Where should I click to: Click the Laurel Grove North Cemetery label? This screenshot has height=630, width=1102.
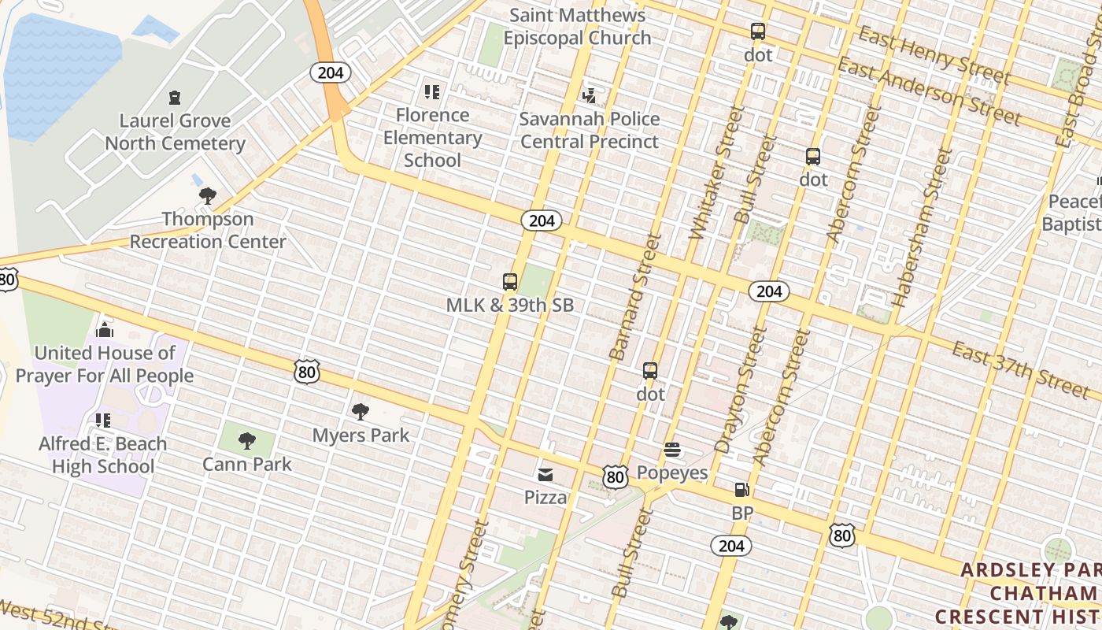click(175, 132)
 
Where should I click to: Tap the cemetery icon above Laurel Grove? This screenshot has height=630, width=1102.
click(175, 98)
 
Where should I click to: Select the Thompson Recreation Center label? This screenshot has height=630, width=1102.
click(208, 230)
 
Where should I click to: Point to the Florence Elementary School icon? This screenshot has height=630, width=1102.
click(431, 92)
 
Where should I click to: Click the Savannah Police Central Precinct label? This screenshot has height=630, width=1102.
click(590, 131)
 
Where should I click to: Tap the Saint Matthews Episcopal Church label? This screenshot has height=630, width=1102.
click(578, 26)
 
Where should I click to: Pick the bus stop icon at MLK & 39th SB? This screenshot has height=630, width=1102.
click(510, 282)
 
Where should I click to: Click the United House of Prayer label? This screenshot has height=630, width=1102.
click(105, 364)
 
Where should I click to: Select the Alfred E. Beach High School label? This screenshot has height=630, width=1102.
click(103, 455)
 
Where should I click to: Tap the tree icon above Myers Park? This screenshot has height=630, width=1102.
click(361, 411)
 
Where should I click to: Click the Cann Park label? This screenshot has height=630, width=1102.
click(247, 464)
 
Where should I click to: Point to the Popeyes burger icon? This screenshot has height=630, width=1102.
click(672, 450)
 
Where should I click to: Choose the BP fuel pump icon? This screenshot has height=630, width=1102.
click(741, 490)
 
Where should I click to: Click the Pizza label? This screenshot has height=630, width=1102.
click(545, 497)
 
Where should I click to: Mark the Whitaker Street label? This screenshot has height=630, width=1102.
click(716, 172)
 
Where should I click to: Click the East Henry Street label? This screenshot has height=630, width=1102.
click(934, 54)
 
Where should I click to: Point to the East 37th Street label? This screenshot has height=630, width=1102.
click(1021, 368)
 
